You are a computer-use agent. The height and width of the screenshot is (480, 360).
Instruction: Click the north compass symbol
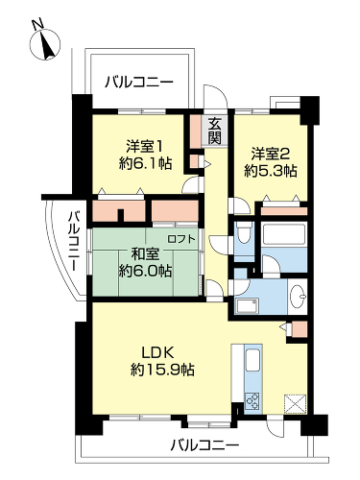pyautogui.click(x=45, y=43)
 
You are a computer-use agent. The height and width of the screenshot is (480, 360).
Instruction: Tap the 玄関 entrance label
pyautogui.click(x=214, y=131)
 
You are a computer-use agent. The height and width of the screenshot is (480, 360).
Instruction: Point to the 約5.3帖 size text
pyautogui.click(x=271, y=171)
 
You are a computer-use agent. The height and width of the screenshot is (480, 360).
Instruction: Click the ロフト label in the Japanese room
pyautogui.click(x=181, y=238)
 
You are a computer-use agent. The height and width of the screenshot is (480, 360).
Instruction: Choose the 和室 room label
pyautogui.click(x=146, y=254)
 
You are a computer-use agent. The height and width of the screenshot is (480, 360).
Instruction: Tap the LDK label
pyautogui.click(x=157, y=353)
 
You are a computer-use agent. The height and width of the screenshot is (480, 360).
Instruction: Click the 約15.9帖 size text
pyautogui.click(x=162, y=370)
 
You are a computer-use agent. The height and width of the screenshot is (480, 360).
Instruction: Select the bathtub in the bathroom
pyautogui.click(x=283, y=236)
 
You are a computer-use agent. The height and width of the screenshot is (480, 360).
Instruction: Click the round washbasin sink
pyautogui.click(x=297, y=296)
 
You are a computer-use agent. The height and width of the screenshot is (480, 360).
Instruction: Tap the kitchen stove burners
pyautogui.click(x=253, y=400)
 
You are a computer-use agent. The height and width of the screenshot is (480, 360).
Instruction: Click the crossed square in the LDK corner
pyautogui.click(x=295, y=404)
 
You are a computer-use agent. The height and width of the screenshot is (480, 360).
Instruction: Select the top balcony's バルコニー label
pyautogui.click(x=139, y=83)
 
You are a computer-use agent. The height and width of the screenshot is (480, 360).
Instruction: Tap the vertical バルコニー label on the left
pyautogui.click(x=75, y=241)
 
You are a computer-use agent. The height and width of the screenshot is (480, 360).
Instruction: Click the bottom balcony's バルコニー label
pyautogui.click(x=204, y=445)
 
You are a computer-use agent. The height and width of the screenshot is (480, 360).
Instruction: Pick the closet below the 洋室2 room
pyautogui.click(x=284, y=211)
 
